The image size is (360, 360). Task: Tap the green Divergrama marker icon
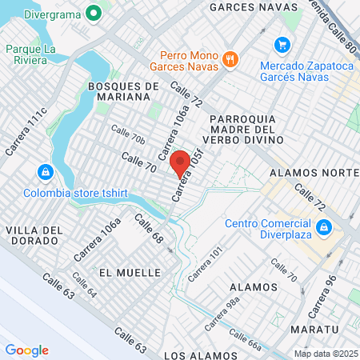(94, 13)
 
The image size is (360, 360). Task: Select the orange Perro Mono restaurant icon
(230, 58)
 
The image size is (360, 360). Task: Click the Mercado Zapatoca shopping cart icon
(281, 44)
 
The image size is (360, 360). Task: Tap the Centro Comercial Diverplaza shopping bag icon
(323, 228)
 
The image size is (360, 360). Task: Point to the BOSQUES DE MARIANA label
(119, 90)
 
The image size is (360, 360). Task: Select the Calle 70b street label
(128, 134)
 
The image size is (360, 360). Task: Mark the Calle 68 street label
(149, 229)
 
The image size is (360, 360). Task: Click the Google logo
(26, 350)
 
